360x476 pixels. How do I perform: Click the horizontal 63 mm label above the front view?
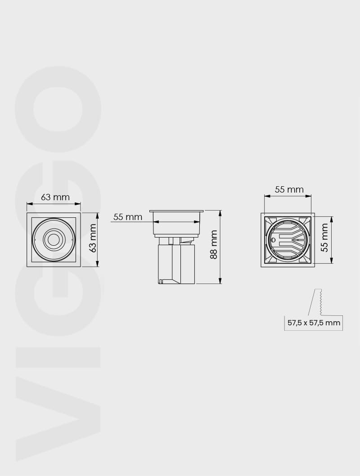tap(55, 197)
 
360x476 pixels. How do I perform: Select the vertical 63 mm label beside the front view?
tap(93, 238)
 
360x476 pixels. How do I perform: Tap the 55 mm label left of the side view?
tap(128, 217)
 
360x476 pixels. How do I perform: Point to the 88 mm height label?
tap(214, 244)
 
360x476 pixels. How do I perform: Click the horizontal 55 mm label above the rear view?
tap(289, 189)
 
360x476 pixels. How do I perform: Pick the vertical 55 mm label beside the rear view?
tap(324, 238)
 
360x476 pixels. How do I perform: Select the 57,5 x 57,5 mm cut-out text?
tap(314, 323)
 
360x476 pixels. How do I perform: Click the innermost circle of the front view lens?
tap(54, 239)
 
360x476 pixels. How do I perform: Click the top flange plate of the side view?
tap(177, 211)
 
